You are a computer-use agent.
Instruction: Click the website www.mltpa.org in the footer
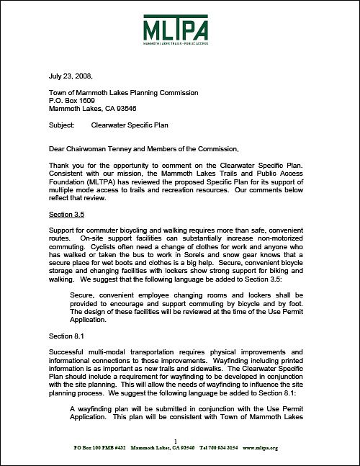click(x=260, y=447)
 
